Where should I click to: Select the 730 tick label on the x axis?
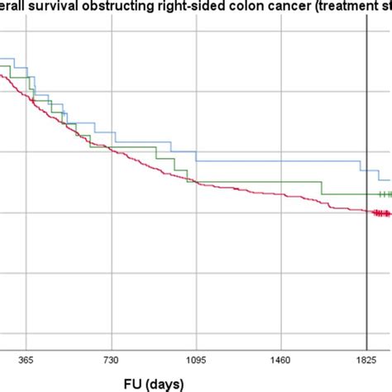pos(112,360)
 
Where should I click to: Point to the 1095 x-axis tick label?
pos(196,360)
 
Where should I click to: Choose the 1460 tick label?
pos(282,360)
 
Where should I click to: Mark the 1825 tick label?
pos(366,360)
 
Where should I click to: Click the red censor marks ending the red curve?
pos(381,213)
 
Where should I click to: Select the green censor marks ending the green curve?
pos(385,194)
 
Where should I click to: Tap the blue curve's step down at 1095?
pos(196,155)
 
